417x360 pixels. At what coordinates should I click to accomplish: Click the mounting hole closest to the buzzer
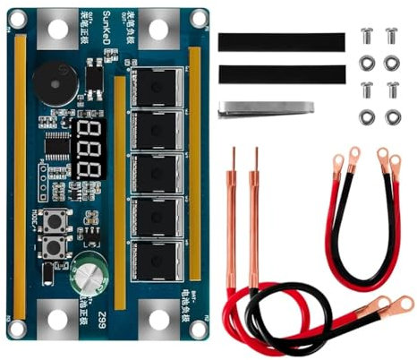57,28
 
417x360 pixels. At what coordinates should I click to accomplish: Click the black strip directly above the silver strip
281,73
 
